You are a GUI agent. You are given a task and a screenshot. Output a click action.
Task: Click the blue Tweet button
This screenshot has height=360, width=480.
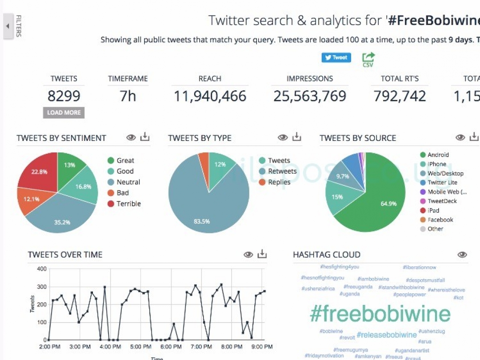point(336,57)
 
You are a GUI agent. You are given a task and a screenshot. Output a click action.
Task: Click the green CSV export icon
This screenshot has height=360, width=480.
point(368,60)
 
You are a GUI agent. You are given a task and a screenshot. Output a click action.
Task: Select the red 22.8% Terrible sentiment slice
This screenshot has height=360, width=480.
point(37,171)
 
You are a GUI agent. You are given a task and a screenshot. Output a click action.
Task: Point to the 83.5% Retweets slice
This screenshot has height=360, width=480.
point(204,209)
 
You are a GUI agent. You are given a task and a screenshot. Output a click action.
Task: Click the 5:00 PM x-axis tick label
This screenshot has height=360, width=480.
point(140,347)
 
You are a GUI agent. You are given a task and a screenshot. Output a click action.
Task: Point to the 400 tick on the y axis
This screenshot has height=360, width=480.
point(41,269)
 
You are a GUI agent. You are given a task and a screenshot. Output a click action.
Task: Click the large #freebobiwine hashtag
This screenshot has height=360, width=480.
point(380,314)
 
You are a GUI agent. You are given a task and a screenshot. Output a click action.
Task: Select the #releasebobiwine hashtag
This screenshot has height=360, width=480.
point(387,335)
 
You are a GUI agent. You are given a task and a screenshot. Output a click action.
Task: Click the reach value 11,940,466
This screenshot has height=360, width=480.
point(210,96)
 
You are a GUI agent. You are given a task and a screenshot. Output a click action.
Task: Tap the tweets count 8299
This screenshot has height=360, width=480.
point(64,96)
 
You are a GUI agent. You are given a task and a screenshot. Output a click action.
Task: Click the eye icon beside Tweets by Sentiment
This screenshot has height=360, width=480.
point(131,138)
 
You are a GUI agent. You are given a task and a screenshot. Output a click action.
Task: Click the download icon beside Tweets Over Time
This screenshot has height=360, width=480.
point(263,254)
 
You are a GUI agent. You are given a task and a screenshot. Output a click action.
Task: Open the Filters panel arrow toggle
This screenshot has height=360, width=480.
point(8,26)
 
